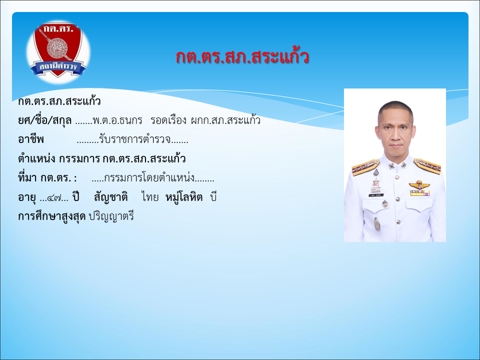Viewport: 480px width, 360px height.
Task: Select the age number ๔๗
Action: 53,198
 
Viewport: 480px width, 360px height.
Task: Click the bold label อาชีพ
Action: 31,139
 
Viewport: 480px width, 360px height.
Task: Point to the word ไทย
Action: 150,197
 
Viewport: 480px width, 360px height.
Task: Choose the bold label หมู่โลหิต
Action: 184,197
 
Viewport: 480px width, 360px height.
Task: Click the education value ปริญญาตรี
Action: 111,216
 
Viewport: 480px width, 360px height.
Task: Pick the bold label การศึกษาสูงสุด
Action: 51,216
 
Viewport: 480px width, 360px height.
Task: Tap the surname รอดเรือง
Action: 168,120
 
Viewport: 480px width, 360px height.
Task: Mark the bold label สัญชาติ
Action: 111,197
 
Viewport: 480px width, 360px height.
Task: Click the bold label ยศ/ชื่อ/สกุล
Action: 44,120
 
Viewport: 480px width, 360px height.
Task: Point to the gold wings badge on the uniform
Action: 419,184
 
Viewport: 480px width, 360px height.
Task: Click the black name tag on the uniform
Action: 376,195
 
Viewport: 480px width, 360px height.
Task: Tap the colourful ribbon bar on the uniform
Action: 420,193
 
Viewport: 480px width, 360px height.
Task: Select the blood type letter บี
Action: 213,197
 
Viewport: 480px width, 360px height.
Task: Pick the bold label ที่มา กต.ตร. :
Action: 47,177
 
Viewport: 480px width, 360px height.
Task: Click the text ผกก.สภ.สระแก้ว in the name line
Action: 225,120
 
